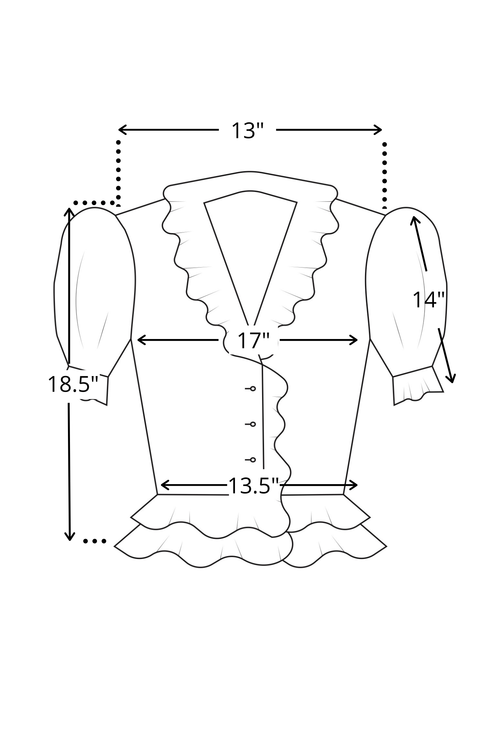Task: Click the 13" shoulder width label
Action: pos(247,131)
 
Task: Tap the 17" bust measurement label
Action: pos(253,340)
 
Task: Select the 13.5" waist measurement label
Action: pos(253,486)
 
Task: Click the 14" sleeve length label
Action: pos(428,300)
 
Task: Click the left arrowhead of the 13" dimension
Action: pos(121,130)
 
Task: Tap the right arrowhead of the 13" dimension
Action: pos(379,130)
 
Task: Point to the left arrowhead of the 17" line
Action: pos(140,340)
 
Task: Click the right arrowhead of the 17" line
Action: pos(354,340)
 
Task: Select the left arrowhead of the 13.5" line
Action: pos(164,485)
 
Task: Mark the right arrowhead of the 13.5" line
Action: pos(354,485)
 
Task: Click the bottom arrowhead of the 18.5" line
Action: pos(69,537)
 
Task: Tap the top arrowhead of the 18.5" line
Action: pos(69,212)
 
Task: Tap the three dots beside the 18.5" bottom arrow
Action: pos(95,541)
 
